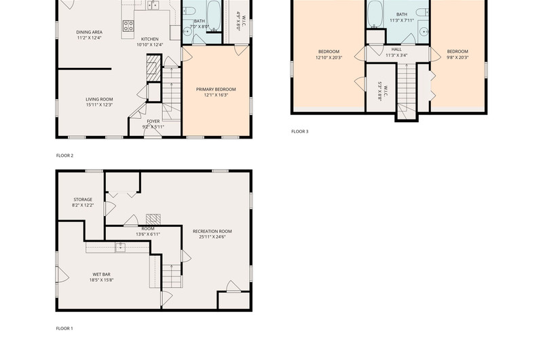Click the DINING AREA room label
[x=90, y=32]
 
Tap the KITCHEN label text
[x=150, y=39]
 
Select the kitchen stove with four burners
[x=128, y=26]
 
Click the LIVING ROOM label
[x=99, y=99]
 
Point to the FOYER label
[x=153, y=122]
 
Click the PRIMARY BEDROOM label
[x=216, y=90]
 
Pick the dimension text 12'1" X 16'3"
[x=216, y=95]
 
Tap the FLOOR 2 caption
[x=64, y=156]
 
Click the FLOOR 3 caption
[x=300, y=131]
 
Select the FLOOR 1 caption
[x=64, y=329]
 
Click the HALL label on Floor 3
[x=396, y=50]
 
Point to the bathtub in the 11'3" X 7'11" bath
[x=375, y=14]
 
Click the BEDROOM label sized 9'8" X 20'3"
[x=457, y=52]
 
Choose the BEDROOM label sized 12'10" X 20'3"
[x=329, y=52]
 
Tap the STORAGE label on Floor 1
[x=83, y=200]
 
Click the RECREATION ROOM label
[x=212, y=232]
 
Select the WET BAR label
[x=101, y=274]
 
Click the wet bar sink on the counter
[x=120, y=247]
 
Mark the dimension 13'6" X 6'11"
[x=148, y=234]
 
